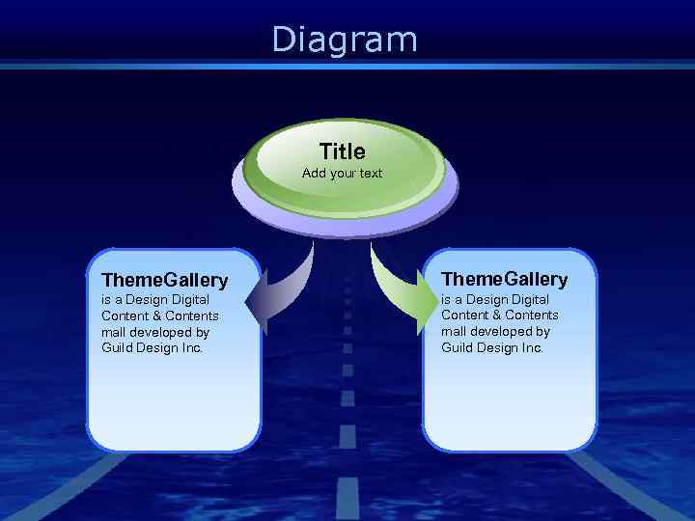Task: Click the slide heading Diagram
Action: [x=345, y=40]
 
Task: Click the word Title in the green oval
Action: [x=343, y=151]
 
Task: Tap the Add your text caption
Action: [x=342, y=174]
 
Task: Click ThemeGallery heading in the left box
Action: [x=164, y=281]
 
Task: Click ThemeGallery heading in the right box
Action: [x=504, y=280]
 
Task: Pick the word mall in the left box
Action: [x=113, y=332]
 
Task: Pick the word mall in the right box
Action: [x=453, y=331]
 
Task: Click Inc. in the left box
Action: [x=192, y=348]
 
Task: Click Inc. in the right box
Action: [x=532, y=347]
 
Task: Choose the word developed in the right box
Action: [x=502, y=331]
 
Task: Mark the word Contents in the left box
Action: [x=192, y=315]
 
